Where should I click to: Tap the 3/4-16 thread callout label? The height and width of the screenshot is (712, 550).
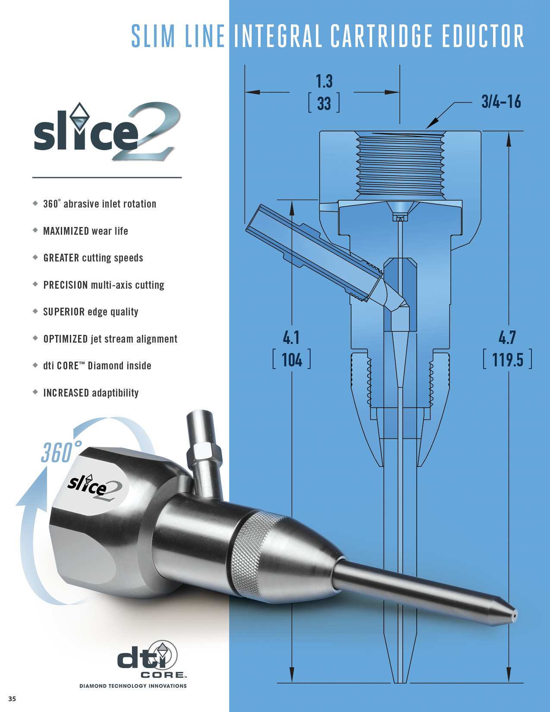pos(501,102)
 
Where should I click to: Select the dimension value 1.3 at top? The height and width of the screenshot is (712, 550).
pos(324,81)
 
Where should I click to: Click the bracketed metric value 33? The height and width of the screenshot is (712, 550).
pos(324,104)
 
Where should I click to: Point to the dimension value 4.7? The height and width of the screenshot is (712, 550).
pos(507,337)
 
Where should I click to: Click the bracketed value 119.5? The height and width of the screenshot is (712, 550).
pos(507,359)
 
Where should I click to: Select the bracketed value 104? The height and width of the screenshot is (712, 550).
pos(292,360)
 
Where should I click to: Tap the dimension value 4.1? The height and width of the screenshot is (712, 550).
pos(291,337)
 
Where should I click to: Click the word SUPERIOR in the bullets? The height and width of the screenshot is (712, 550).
pos(64,312)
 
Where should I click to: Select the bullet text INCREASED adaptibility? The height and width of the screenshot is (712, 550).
pos(91,393)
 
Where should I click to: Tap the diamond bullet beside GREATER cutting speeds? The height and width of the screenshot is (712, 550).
pos(35,257)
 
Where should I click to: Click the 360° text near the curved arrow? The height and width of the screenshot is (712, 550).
pos(60,452)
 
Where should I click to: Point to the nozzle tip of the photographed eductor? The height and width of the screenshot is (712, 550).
pos(514,615)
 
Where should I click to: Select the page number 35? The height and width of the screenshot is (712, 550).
pos(12,699)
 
